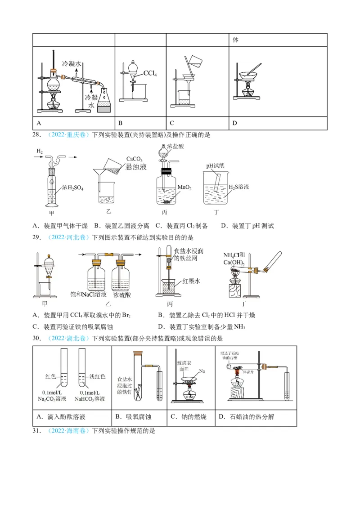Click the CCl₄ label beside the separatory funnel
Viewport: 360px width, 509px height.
click(150, 73)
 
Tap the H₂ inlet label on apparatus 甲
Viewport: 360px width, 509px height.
click(40, 153)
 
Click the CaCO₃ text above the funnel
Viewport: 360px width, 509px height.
click(135, 159)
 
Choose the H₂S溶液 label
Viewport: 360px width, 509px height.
click(239, 187)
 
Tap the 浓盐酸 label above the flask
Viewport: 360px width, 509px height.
click(175, 147)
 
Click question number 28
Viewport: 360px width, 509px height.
click(36, 135)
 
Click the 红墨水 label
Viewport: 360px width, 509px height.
click(191, 281)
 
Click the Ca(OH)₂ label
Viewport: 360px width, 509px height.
click(234, 263)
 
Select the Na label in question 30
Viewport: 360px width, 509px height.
click(202, 371)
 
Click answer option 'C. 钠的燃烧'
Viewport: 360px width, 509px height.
click(188, 417)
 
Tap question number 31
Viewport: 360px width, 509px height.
click(36, 431)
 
